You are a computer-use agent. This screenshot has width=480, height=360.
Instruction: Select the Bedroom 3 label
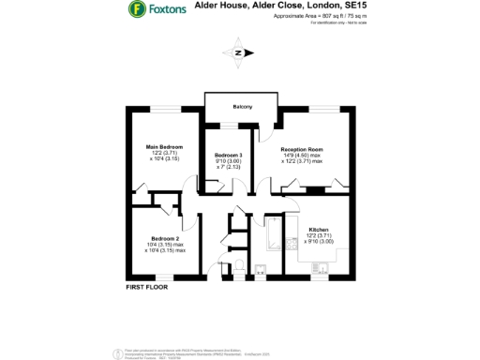click(x=229, y=155)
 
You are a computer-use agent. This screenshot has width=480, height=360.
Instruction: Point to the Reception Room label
click(x=303, y=149)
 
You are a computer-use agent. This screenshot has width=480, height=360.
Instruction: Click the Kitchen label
click(x=319, y=229)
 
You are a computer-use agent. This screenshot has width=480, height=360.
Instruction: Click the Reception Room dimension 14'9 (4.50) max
click(x=303, y=156)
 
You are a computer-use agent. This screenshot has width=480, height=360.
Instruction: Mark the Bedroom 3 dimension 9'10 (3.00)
click(x=229, y=160)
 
